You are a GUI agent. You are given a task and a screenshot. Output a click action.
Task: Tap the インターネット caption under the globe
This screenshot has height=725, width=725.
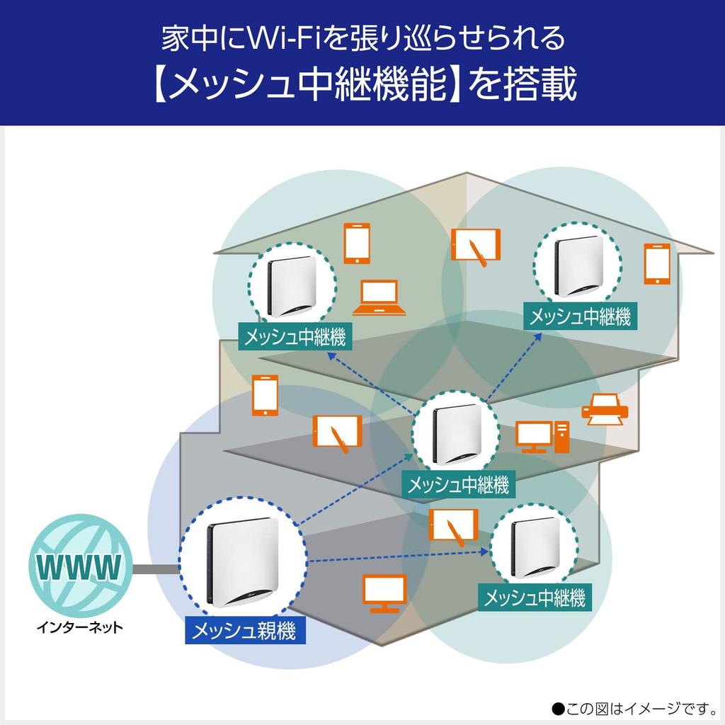pos(79,627)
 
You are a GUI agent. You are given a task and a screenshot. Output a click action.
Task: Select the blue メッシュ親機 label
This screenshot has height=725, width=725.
pos(245,629)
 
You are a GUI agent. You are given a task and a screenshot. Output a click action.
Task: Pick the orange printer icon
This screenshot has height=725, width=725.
pos(604,411)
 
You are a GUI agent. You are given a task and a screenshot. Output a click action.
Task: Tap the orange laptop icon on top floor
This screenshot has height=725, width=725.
pos(379,298)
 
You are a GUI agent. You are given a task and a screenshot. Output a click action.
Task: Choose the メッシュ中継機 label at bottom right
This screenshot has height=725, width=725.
pos(535,598)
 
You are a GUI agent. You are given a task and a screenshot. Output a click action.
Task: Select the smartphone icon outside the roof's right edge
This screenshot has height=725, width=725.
pos(656,264)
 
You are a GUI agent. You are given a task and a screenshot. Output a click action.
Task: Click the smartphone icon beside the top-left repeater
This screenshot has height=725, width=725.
pos(357,243)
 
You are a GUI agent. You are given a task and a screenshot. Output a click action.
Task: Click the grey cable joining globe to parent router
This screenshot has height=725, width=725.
pos(154,568)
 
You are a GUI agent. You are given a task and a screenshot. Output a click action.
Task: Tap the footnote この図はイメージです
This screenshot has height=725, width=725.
pos(634,707)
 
